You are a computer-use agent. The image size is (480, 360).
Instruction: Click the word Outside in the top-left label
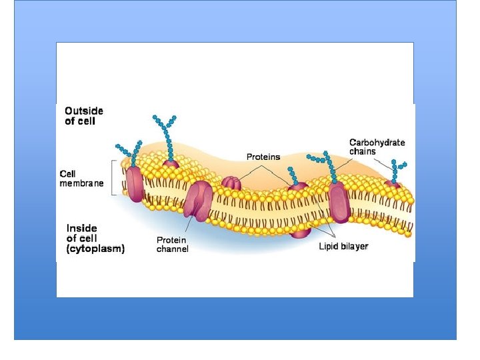pos(84,111)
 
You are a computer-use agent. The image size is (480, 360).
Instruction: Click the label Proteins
pos(263,157)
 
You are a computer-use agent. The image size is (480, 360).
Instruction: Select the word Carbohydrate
pos(377,142)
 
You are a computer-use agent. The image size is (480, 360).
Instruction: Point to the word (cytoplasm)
pos(95,249)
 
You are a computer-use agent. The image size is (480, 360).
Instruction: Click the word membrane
pos(82,184)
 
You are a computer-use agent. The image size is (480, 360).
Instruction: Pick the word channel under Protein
pos(173,249)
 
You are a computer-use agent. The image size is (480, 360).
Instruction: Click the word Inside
pos(81,228)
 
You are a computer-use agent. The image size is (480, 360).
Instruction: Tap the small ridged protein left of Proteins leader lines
pos(231,183)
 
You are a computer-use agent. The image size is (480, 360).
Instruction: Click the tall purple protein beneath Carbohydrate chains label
pos(339,201)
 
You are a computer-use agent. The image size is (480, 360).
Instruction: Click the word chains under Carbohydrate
pos(363,151)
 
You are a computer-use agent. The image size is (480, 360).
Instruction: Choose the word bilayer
pos(354,247)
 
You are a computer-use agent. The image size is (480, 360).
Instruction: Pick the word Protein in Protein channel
pos(171,240)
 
